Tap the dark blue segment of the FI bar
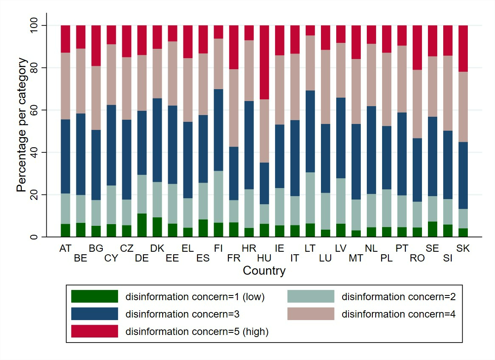tap(219, 130)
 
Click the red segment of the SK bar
tap(463, 48)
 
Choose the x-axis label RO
tap(417, 258)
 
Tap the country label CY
tap(111, 258)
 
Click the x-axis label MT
tap(356, 258)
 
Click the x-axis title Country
tap(264, 271)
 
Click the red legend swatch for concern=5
tap(94, 331)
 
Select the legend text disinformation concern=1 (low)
tap(195, 297)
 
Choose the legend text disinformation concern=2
tap(399, 297)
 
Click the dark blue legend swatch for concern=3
tap(94, 314)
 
